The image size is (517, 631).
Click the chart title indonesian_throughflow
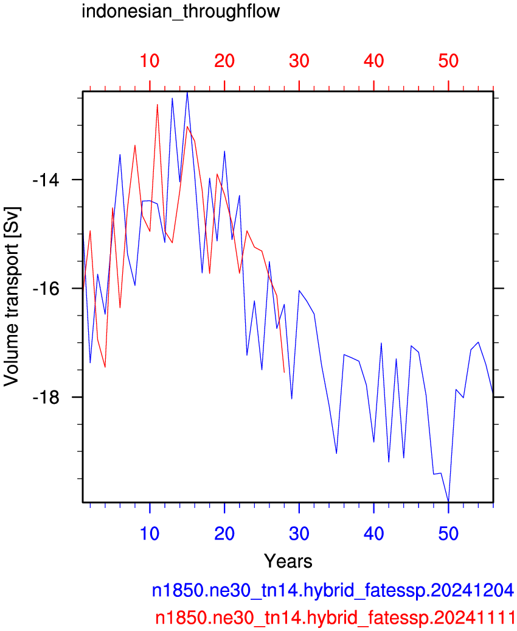(x=181, y=12)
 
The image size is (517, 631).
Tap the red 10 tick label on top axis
(x=150, y=61)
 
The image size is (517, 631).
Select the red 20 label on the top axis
(x=224, y=61)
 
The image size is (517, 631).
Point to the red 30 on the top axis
(x=299, y=61)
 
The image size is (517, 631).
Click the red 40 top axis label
(x=374, y=61)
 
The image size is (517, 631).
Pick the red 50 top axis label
(x=449, y=61)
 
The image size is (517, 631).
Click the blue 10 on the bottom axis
(x=150, y=534)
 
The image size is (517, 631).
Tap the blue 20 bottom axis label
(x=224, y=534)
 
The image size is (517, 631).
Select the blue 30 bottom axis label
(x=299, y=534)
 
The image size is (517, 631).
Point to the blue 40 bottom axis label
(x=374, y=534)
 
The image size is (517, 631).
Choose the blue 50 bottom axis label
(x=449, y=534)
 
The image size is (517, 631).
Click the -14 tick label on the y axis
(x=46, y=180)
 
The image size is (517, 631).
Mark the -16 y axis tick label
(x=46, y=289)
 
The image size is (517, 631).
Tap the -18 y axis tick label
(x=46, y=397)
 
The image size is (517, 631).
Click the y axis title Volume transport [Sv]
(x=12, y=297)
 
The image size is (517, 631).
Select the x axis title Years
(x=288, y=561)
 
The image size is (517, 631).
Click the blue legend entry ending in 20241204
(x=333, y=591)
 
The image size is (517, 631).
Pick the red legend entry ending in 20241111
(x=335, y=618)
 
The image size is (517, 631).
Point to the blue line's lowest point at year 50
(x=448, y=501)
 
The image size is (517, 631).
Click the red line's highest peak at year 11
(x=157, y=105)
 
